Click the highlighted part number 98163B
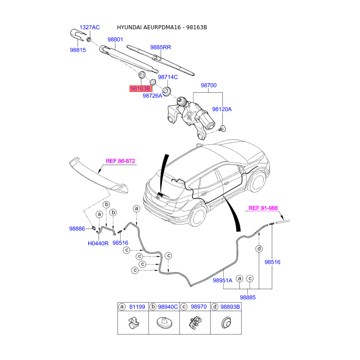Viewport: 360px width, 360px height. coord(140,89)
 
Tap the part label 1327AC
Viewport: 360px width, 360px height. coord(90,27)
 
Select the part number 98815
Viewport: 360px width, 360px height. coord(77,50)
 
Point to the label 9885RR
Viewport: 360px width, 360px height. coord(161,47)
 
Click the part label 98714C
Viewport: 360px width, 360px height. coord(168,77)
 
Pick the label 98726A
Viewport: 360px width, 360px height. coord(153,95)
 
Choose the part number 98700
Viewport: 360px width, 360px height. coord(209,85)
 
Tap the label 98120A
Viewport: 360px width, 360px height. coord(222,109)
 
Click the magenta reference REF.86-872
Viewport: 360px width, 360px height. coord(121,161)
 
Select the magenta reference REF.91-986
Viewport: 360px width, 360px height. coord(264,208)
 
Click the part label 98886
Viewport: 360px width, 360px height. coord(77,229)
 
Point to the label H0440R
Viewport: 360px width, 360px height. coord(98,243)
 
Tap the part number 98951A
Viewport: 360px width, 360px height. coord(222,280)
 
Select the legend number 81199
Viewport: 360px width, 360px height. coord(138,306)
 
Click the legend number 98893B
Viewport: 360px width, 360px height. coord(232,306)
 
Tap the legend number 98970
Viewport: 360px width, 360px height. coord(198,306)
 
